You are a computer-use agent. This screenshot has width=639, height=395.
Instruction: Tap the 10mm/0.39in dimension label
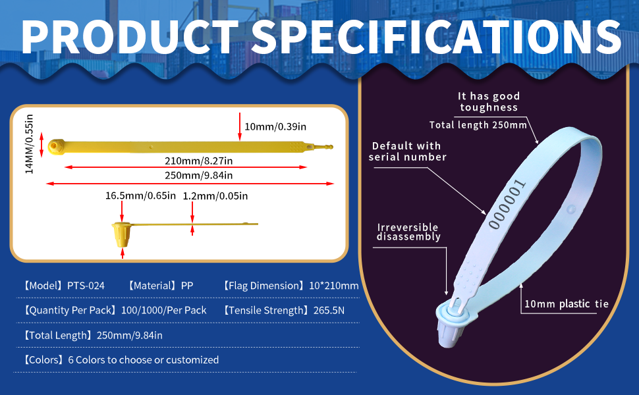click(x=275, y=126)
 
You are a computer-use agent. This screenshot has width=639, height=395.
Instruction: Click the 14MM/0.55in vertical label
click(x=29, y=144)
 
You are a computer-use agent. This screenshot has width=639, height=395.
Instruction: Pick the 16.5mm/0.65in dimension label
click(x=140, y=196)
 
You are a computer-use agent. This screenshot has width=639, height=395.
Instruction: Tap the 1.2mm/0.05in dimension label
click(x=215, y=196)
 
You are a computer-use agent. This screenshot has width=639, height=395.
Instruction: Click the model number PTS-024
click(x=86, y=286)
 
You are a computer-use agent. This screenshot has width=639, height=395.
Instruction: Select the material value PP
click(x=186, y=286)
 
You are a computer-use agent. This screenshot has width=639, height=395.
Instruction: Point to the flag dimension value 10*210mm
click(x=333, y=286)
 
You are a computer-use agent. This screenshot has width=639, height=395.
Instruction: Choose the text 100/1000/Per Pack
click(x=164, y=310)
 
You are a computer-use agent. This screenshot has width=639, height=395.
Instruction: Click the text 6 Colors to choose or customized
click(x=144, y=360)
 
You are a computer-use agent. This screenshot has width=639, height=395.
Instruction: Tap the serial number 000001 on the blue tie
click(x=507, y=204)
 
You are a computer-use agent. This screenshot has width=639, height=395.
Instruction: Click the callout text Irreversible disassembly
click(x=408, y=232)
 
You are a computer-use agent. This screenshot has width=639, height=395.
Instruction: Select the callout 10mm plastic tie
click(x=566, y=303)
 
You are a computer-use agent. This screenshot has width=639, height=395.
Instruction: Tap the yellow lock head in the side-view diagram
click(x=122, y=234)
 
